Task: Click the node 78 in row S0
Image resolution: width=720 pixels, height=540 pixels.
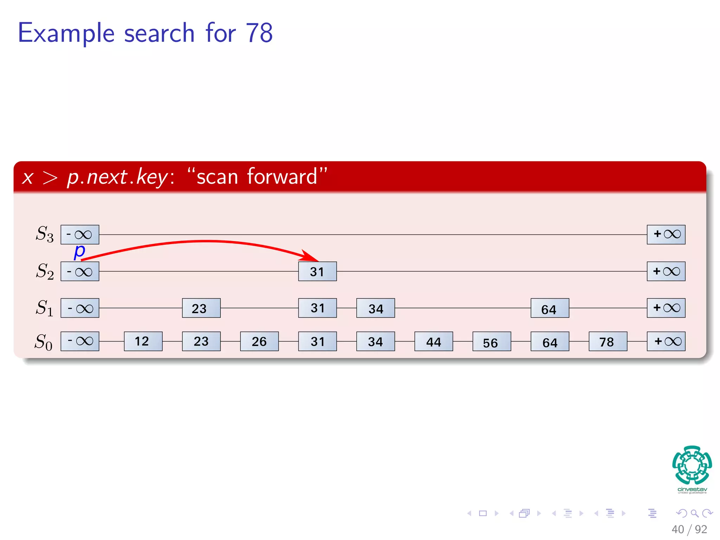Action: (x=608, y=341)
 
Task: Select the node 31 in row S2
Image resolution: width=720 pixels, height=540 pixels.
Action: (x=317, y=271)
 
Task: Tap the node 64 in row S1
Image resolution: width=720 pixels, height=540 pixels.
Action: (x=550, y=308)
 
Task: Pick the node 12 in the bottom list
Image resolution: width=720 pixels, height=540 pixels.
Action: (x=143, y=341)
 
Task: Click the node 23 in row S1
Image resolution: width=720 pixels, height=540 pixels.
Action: (x=201, y=308)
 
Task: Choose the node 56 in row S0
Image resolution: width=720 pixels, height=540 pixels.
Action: (x=491, y=341)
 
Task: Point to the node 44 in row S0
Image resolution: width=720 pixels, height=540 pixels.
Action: (x=433, y=341)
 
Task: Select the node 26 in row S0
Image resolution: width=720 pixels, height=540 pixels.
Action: (x=259, y=341)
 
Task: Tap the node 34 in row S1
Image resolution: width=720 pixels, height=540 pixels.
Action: (x=375, y=308)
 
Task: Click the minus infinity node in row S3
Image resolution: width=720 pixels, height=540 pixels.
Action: (x=80, y=234)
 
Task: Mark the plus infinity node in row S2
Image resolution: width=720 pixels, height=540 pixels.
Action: (x=666, y=271)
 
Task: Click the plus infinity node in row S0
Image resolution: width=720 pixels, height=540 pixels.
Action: (x=666, y=341)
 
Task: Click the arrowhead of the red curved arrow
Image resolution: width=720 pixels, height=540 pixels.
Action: (x=311, y=256)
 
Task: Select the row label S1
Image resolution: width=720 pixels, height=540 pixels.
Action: (x=45, y=308)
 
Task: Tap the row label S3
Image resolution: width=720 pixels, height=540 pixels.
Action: (x=45, y=234)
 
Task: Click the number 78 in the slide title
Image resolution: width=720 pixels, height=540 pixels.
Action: (x=259, y=33)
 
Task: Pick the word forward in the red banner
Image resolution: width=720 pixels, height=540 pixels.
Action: (x=282, y=176)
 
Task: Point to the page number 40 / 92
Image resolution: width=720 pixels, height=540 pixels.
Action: (x=689, y=529)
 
